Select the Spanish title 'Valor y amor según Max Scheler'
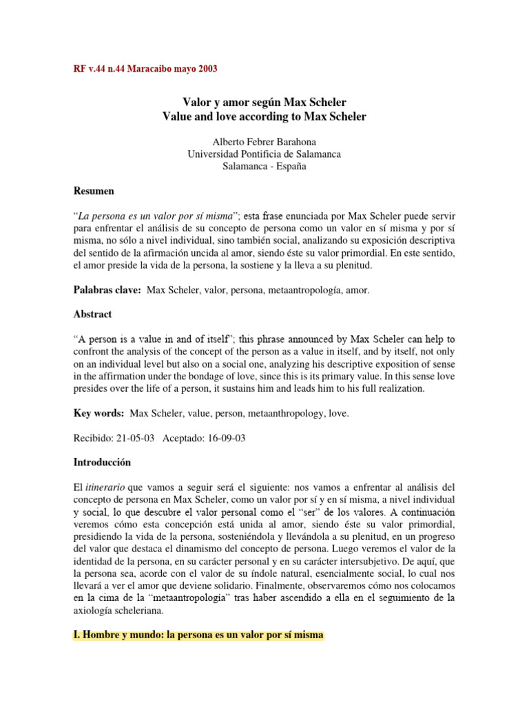coord(264,103)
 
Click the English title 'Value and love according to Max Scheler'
coord(264,117)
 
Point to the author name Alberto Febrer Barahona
coord(264,143)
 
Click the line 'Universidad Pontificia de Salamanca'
coord(264,155)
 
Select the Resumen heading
coord(94,191)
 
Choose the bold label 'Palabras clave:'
coord(107,291)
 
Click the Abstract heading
coord(93,314)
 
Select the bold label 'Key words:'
coord(99,413)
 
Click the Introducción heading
coord(102,462)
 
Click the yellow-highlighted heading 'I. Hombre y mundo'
coord(198,635)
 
